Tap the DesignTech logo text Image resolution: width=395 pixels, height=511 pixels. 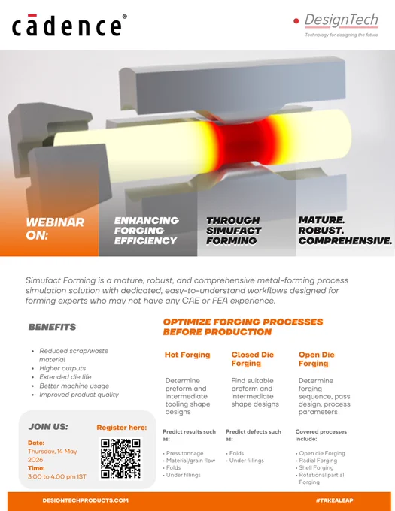coord(341,20)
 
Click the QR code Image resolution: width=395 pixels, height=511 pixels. coord(120,458)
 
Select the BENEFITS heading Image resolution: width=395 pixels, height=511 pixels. coord(52,327)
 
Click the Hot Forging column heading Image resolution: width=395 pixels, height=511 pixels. coord(187,355)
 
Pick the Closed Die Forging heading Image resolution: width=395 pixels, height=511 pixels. coord(253,358)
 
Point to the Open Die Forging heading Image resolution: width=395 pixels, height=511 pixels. coord(317,358)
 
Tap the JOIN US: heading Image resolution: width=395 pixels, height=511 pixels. coord(48,427)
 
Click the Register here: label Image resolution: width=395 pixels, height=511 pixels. coord(122,428)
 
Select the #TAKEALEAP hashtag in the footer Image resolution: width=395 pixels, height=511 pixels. coord(334,500)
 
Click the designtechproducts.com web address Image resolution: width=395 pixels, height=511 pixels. coord(86,500)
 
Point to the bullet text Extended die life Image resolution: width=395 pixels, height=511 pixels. coord(65,377)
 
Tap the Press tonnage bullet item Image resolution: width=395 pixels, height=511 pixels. coord(184,453)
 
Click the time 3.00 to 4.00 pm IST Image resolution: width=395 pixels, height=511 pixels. coord(57,476)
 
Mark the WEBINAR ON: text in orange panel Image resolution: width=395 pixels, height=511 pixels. coord(55,228)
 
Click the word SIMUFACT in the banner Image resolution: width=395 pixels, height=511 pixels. coord(233,231)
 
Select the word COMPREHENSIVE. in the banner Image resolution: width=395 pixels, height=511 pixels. coord(345,240)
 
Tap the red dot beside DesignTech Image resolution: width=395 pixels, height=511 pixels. coord(296,21)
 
